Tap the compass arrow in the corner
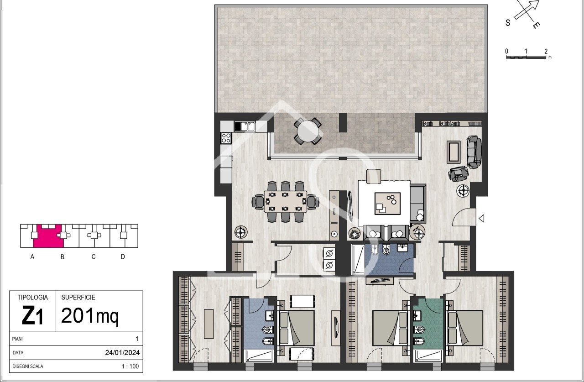pos(527,10)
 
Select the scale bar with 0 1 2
pos(527,57)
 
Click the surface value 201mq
pos(89,315)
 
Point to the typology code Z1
pos(32,316)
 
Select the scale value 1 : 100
pos(130,366)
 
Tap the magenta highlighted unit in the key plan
pos(48,236)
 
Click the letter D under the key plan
pos(123,257)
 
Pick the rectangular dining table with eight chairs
pos(285,201)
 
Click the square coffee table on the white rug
pos(387,203)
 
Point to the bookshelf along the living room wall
pos(451,124)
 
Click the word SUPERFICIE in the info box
pos(78,297)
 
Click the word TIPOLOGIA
pos(32,297)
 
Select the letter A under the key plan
pos(32,257)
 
